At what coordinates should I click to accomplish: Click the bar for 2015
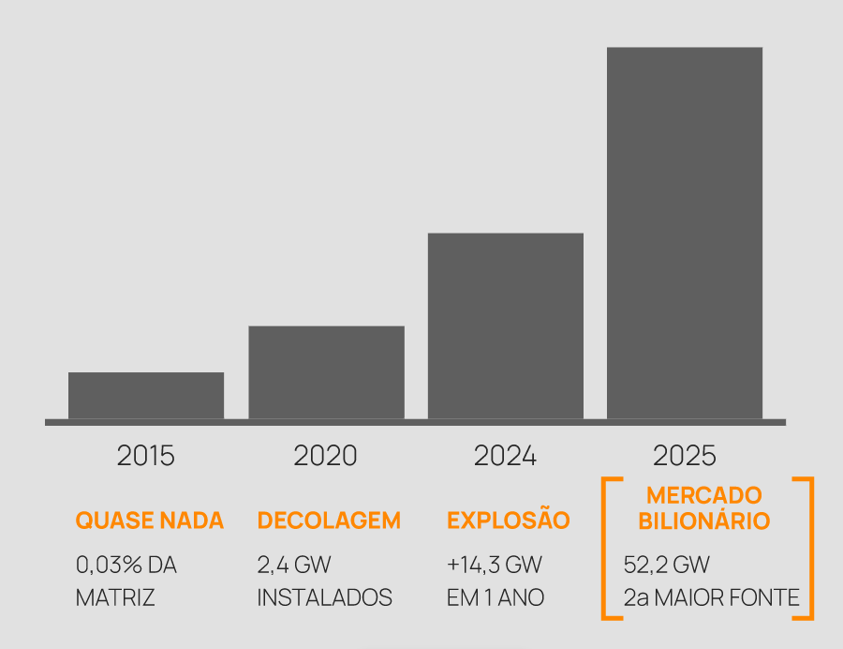[x=146, y=395]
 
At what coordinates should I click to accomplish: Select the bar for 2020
[x=326, y=371]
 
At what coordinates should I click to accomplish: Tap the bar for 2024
[x=506, y=325]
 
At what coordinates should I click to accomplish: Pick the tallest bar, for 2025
[x=685, y=233]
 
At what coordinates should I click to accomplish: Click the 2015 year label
[x=146, y=456]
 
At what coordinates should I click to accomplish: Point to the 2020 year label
[x=326, y=456]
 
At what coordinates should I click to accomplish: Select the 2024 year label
[x=506, y=456]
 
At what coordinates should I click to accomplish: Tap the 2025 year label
[x=685, y=456]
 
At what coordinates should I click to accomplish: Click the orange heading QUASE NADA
[x=150, y=521]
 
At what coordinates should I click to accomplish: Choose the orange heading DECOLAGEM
[x=329, y=521]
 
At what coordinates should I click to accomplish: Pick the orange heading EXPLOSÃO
[x=509, y=521]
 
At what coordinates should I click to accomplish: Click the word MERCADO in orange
[x=704, y=495]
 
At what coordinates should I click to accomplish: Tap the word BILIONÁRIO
[x=704, y=521]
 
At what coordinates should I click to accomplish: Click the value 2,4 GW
[x=294, y=566]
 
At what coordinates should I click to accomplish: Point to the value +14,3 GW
[x=495, y=566]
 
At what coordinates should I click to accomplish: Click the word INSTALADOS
[x=324, y=597]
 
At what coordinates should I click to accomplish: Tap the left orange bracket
[x=606, y=549]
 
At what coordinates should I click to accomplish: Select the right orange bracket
[x=808, y=549]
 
